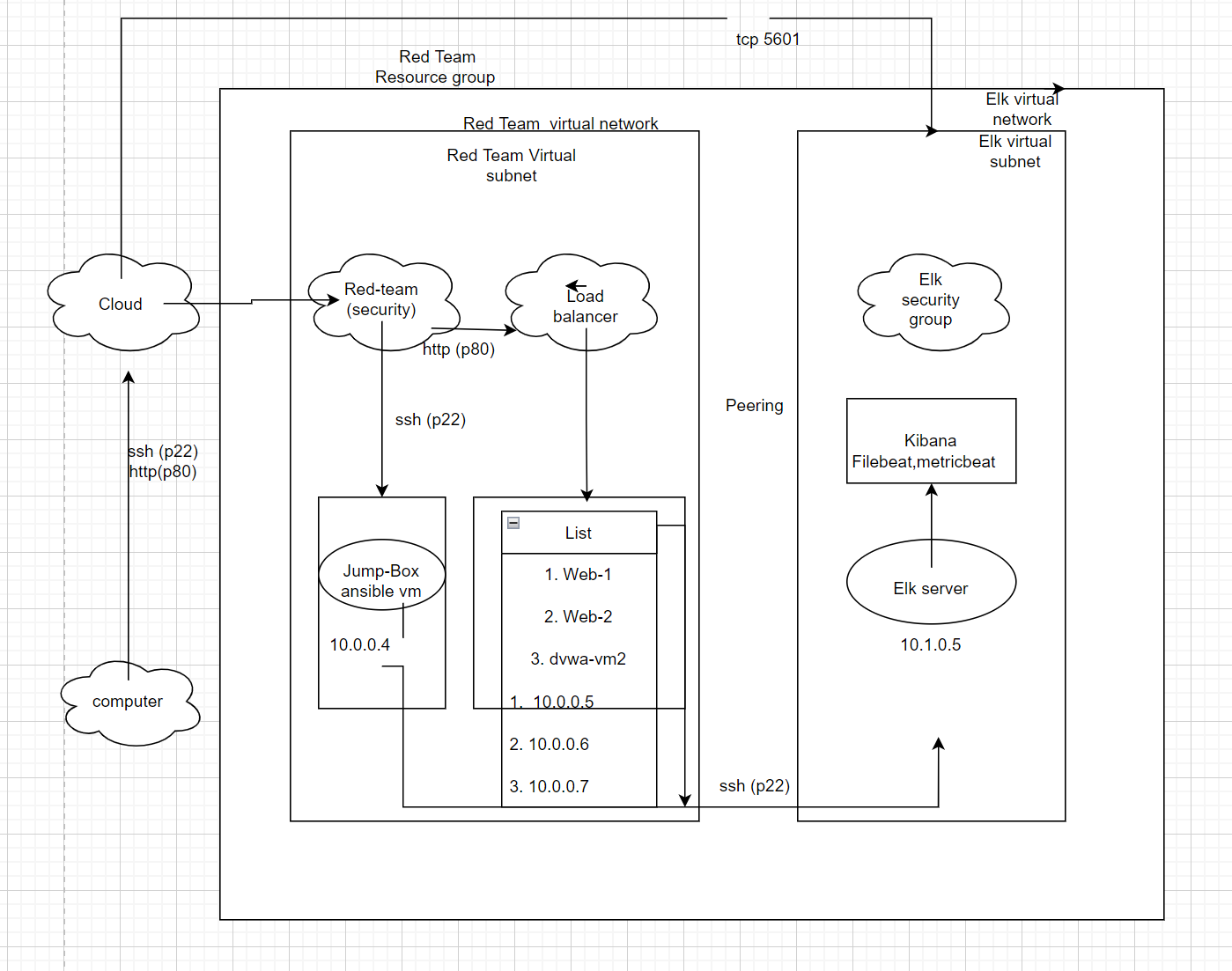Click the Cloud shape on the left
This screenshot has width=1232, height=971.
tap(121, 304)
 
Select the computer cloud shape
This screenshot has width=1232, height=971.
tap(128, 702)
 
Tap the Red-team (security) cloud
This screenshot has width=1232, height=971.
tap(381, 300)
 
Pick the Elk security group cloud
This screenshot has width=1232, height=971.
tap(930, 300)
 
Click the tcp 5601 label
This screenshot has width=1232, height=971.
tap(768, 40)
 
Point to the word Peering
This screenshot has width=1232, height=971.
tap(754, 406)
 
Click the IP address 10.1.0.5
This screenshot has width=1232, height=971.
tap(930, 645)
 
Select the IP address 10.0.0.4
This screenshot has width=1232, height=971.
tap(359, 645)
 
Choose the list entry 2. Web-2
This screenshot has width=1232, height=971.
tap(578, 617)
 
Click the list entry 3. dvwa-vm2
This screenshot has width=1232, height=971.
tap(578, 659)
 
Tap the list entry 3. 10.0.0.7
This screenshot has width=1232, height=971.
tap(550, 786)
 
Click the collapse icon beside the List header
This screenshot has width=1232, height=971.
tap(513, 523)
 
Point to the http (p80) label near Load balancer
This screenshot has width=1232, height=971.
tap(459, 349)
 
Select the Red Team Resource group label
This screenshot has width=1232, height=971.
tap(436, 67)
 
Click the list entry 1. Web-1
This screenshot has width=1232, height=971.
tap(578, 575)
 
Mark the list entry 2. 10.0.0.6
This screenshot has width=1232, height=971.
tap(550, 744)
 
